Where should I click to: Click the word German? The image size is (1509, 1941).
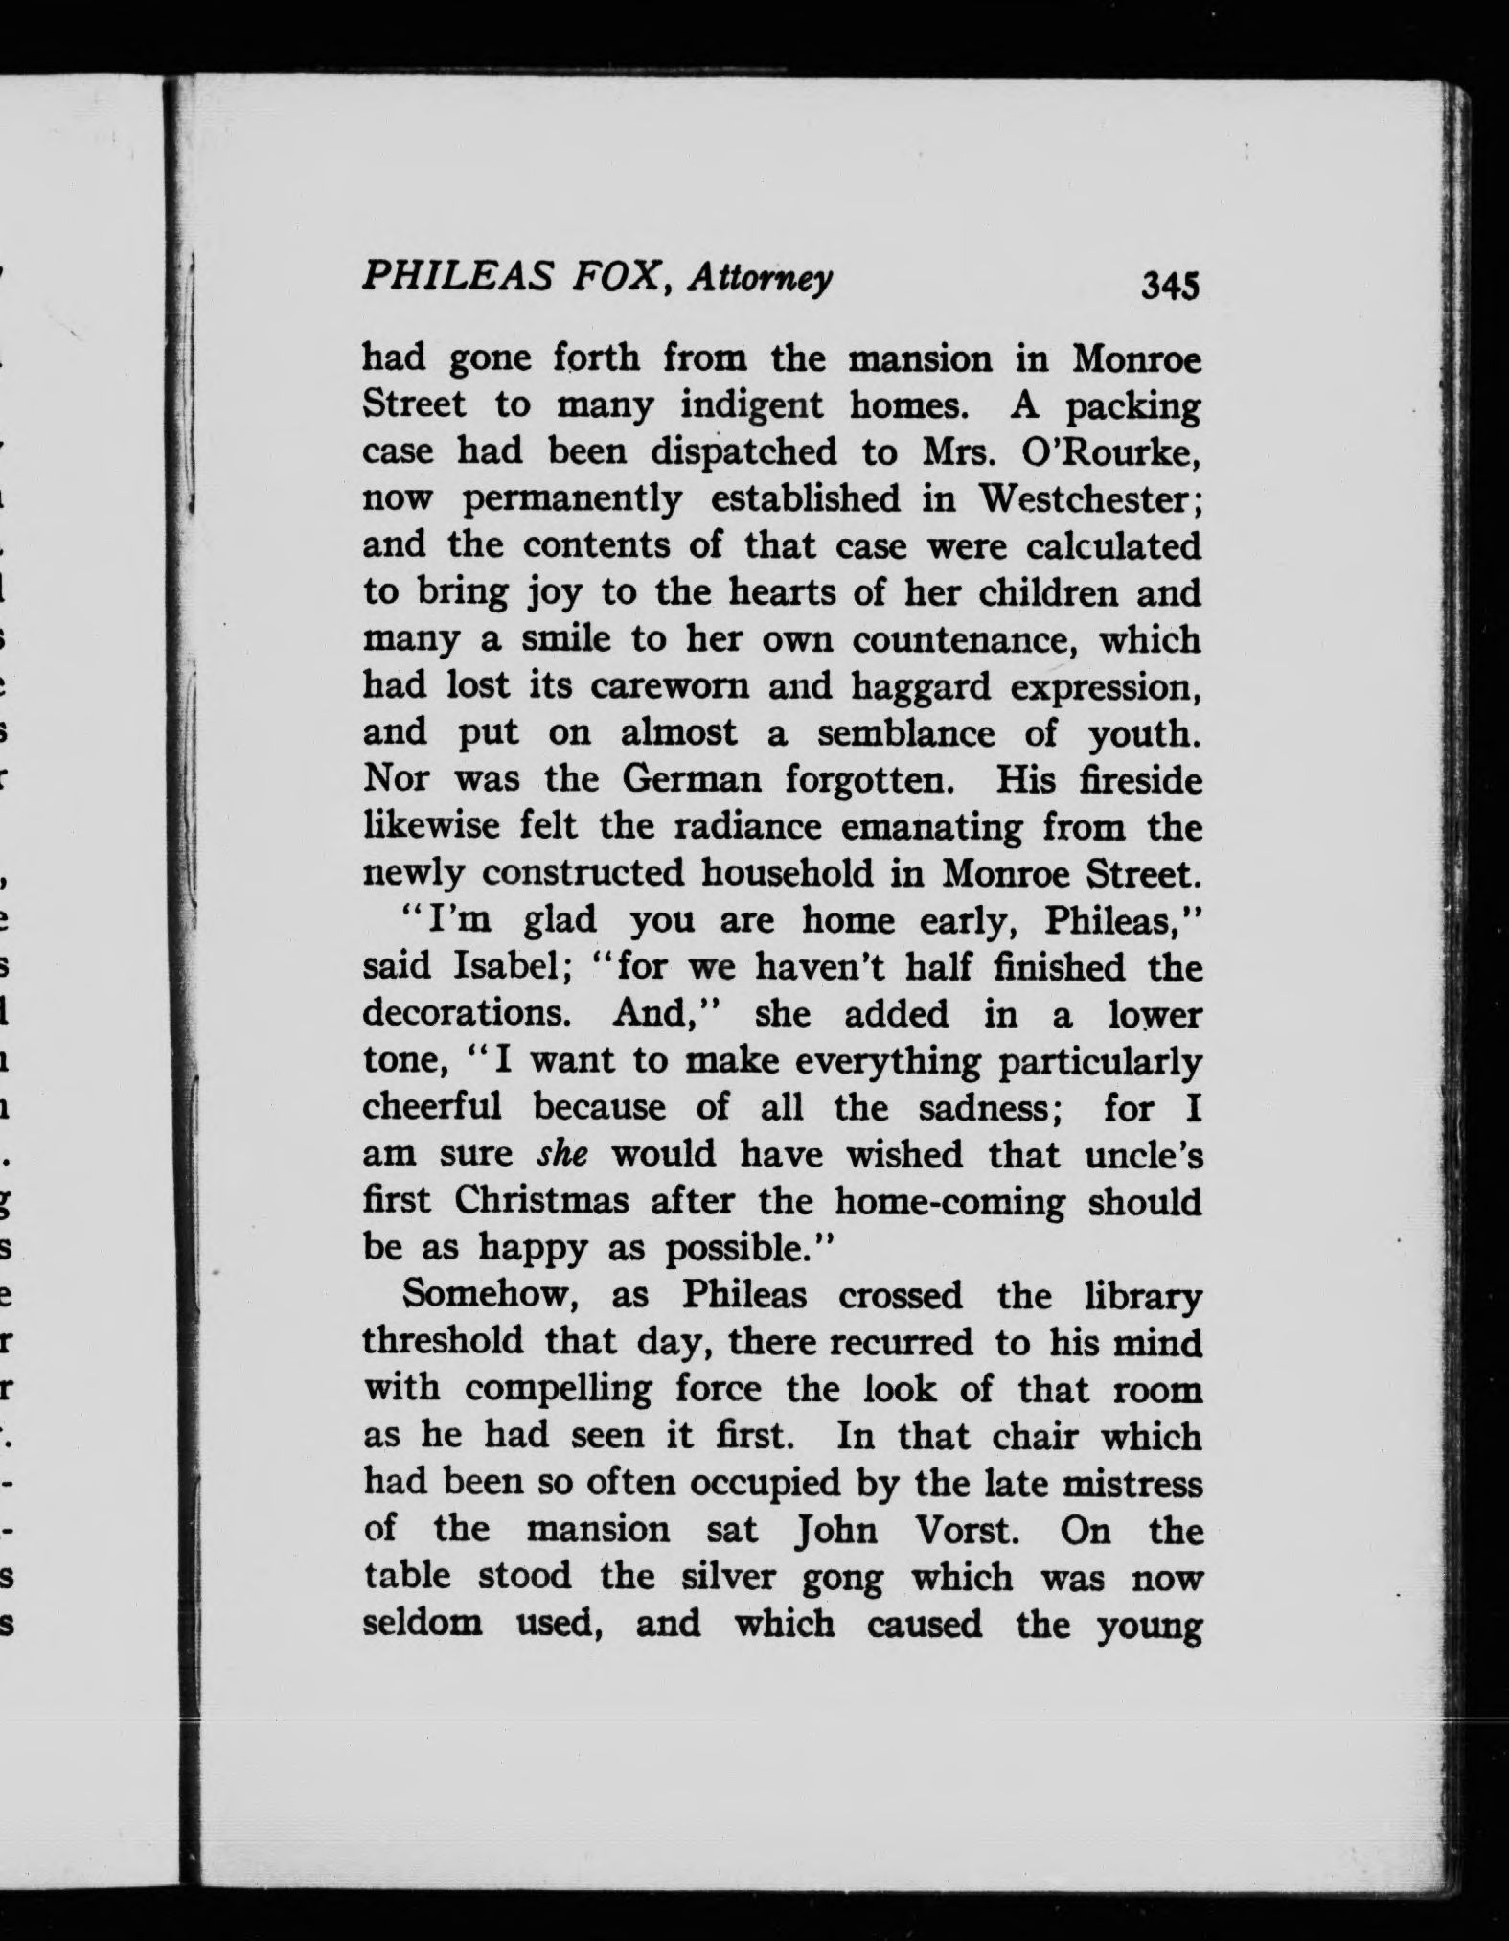pyautogui.click(x=692, y=780)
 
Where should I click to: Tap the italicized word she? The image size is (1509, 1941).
pyautogui.click(x=561, y=1154)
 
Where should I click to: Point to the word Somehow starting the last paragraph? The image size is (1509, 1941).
pyautogui.click(x=486, y=1295)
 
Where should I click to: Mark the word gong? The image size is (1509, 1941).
pyautogui.click(x=843, y=1578)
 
